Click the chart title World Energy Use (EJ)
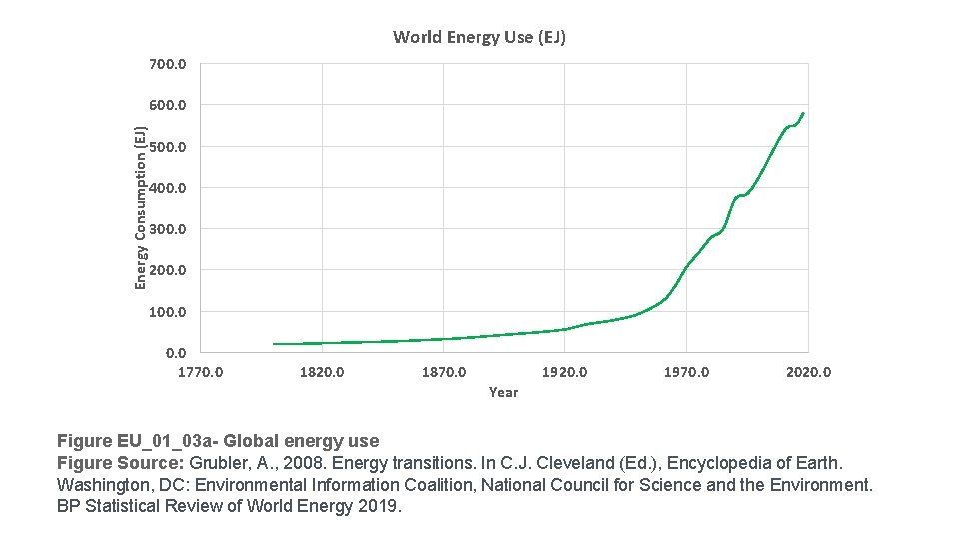[x=479, y=38]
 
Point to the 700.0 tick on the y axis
[x=167, y=64]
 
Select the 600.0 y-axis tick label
[x=167, y=105]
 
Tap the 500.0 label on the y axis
[x=167, y=147]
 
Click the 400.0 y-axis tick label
[x=167, y=188]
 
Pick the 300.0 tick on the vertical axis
[x=167, y=229]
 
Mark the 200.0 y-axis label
[x=167, y=270]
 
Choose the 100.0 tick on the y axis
[x=167, y=312]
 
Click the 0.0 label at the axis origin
[x=175, y=353]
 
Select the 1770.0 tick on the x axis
[x=201, y=373]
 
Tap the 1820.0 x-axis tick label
[x=322, y=373]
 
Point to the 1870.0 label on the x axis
[x=444, y=373]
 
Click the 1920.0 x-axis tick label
[x=565, y=373]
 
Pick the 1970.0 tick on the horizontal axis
[x=687, y=373]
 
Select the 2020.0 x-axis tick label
[x=808, y=373]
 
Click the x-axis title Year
[x=503, y=393]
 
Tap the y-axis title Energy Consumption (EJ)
[x=141, y=208]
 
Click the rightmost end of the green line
[x=803, y=113]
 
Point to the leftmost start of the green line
[x=274, y=344]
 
